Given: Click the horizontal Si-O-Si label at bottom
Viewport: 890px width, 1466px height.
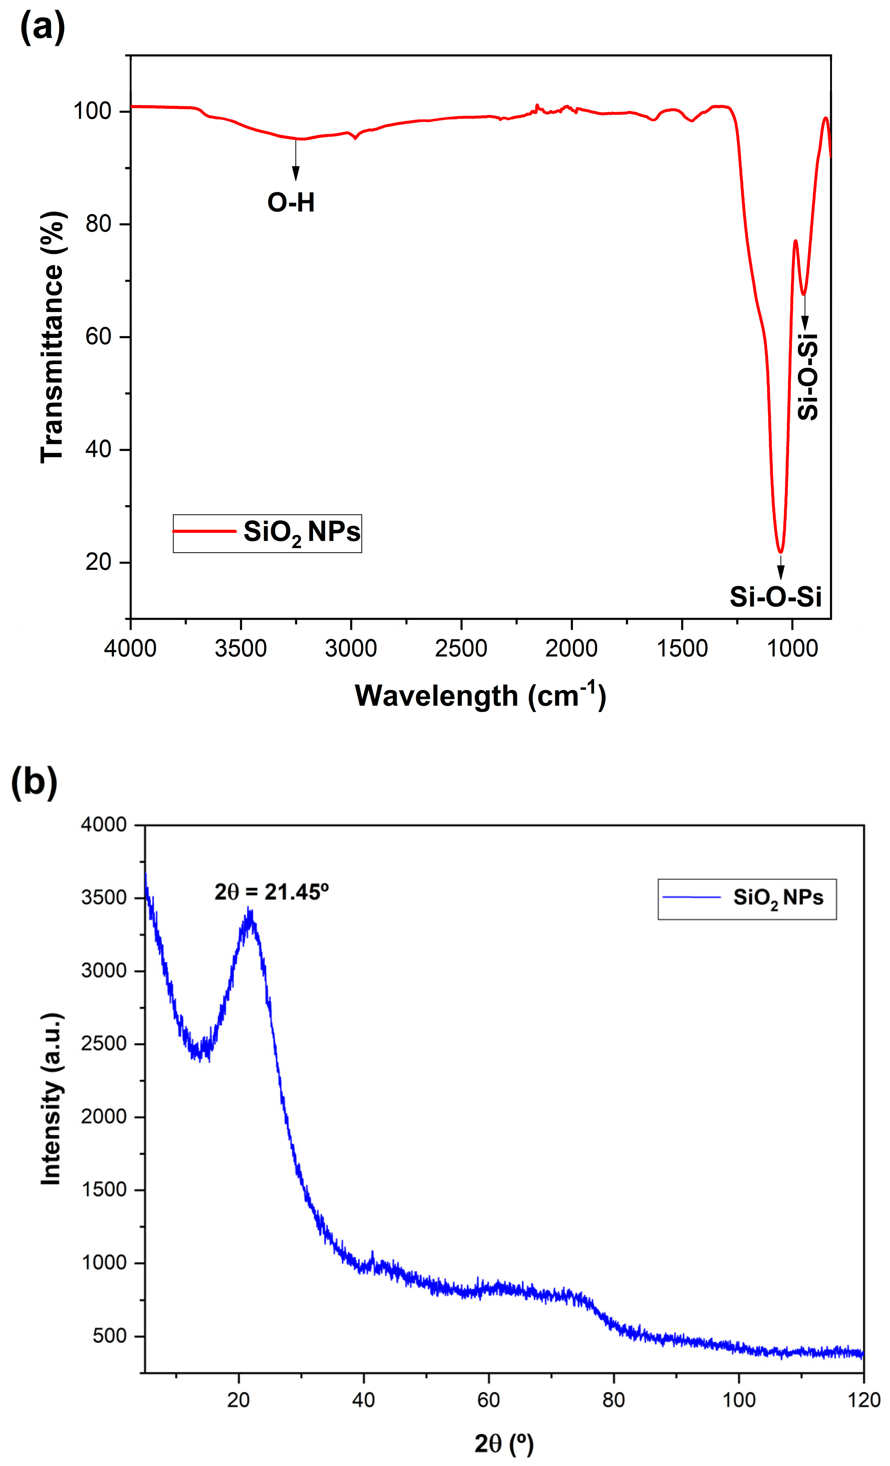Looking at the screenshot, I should (x=775, y=596).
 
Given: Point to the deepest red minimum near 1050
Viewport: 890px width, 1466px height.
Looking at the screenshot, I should (x=780, y=551).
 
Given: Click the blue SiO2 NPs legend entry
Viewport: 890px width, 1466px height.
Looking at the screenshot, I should (x=747, y=898).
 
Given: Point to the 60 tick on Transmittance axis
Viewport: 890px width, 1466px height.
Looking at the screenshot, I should (x=99, y=337).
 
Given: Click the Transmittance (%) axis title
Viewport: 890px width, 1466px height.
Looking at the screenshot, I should (x=52, y=337).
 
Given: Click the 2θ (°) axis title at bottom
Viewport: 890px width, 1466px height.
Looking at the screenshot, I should (x=503, y=1443).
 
